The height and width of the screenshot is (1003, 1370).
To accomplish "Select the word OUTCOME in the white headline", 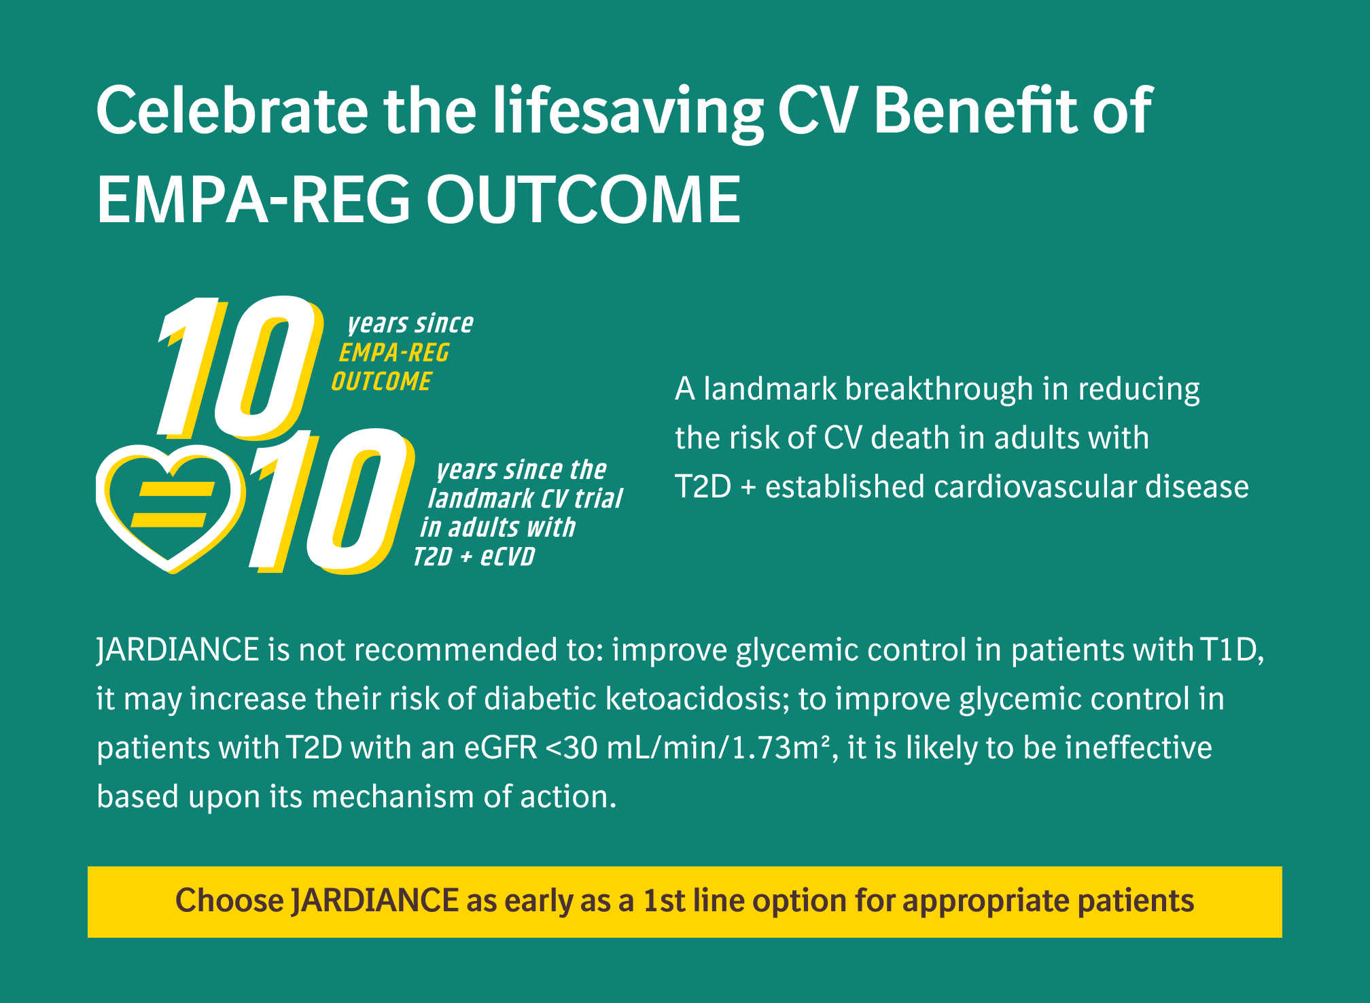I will click(583, 199).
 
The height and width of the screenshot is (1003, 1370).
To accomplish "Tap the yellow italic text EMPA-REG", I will click(394, 353).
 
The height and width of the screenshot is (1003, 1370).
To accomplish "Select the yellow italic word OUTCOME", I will click(381, 381).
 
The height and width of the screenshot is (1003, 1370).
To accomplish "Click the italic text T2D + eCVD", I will click(474, 557).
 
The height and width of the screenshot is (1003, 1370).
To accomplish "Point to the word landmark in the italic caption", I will click(481, 499).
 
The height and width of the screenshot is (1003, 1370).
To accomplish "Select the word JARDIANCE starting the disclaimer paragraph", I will click(178, 650).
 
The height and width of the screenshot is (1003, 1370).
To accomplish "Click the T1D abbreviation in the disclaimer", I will click(1229, 650).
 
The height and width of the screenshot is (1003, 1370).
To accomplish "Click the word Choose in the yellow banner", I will click(230, 901).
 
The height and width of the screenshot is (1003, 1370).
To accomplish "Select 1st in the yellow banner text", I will click(665, 901).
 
